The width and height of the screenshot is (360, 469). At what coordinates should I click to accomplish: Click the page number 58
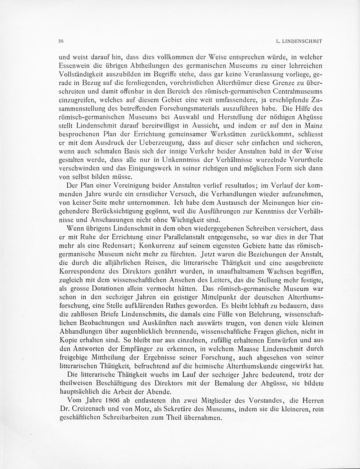pyautogui.click(x=60, y=41)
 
